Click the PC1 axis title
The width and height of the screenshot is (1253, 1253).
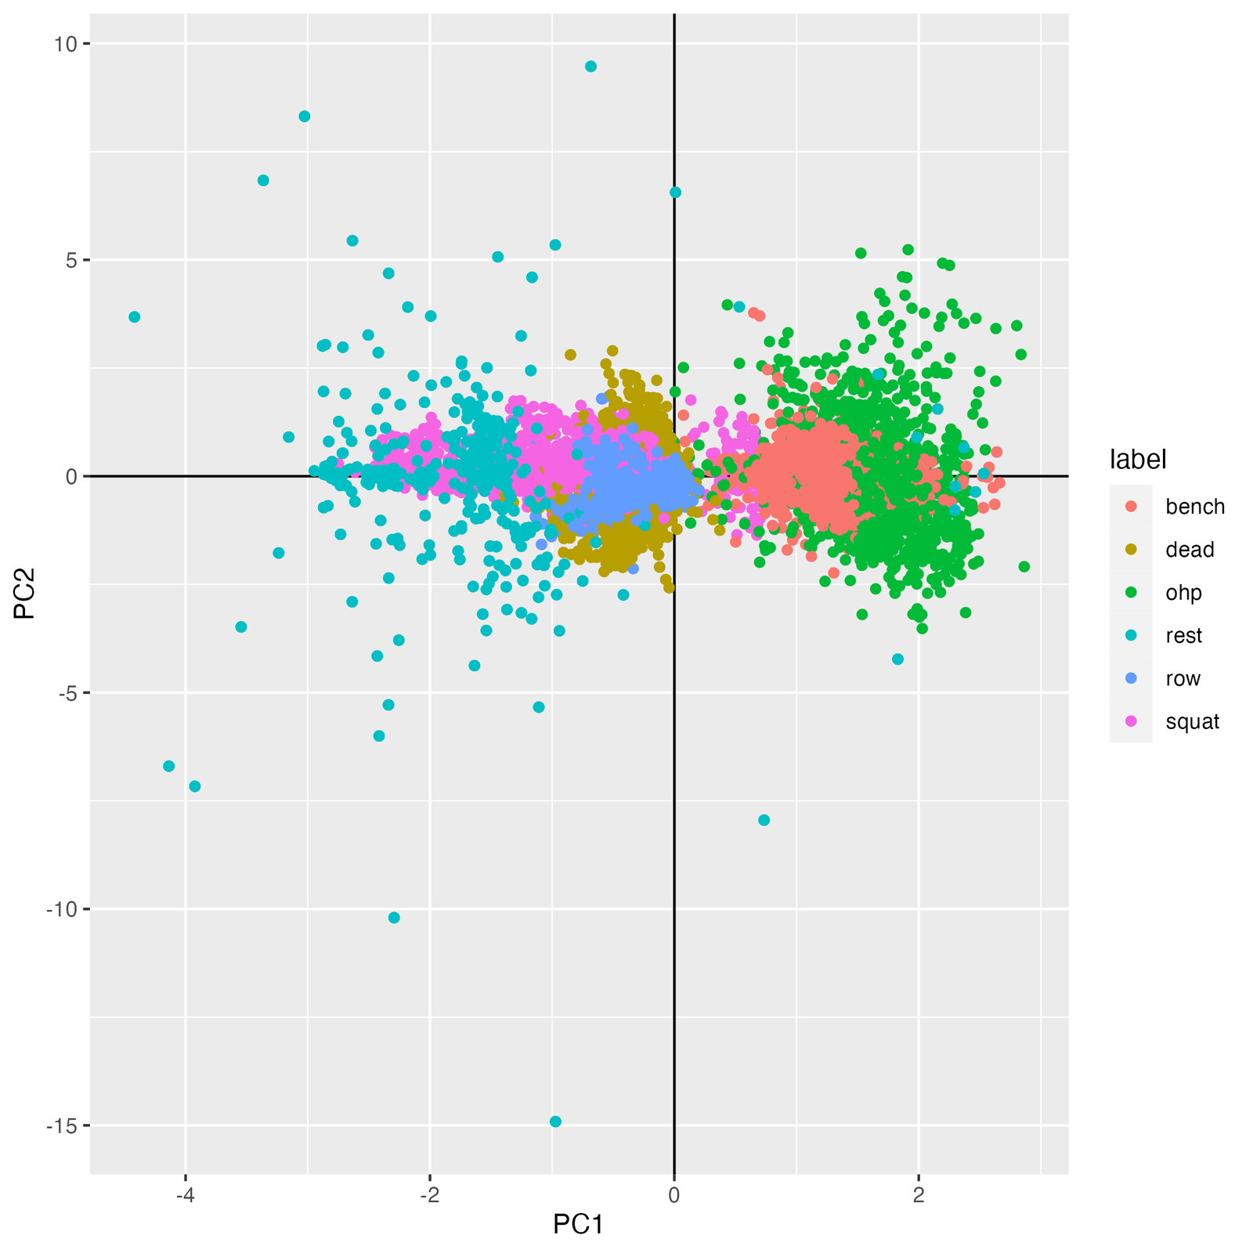point(578,1224)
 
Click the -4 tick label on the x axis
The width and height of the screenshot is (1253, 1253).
point(185,1196)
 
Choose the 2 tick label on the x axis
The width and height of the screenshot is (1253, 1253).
point(919,1196)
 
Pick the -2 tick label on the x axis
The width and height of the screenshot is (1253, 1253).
point(429,1196)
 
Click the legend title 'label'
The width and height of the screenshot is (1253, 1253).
point(1138,460)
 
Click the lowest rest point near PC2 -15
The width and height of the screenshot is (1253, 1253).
point(555,1121)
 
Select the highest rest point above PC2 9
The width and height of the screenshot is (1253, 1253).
point(590,67)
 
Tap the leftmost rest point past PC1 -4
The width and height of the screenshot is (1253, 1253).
point(135,317)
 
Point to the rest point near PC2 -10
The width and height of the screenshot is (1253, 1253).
point(394,918)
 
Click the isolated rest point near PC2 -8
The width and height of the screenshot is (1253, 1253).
point(764,820)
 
